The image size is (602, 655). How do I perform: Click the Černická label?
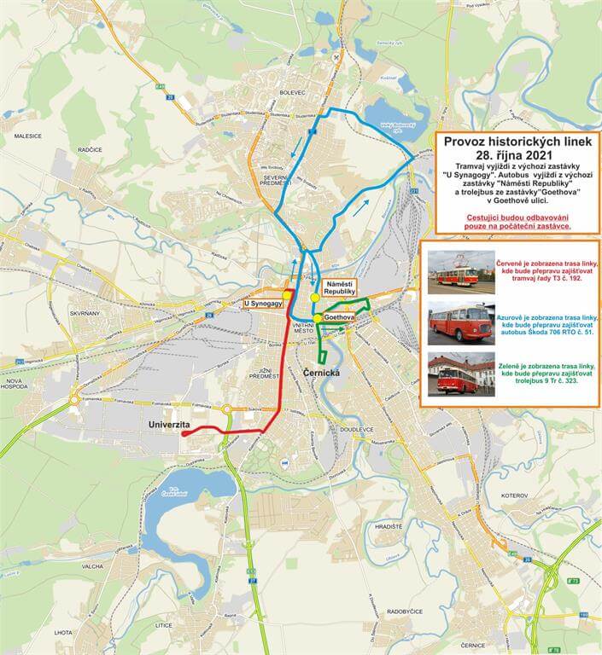point(321,373)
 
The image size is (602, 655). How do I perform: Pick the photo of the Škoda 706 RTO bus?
point(460,322)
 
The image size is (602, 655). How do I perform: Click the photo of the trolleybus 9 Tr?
point(460,374)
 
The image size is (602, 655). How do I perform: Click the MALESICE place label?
point(28,136)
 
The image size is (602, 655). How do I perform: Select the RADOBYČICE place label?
point(406,612)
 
